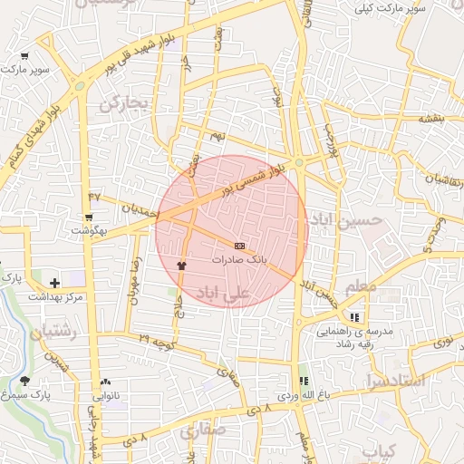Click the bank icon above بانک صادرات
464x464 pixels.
tap(239, 246)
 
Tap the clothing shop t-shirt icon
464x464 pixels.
tap(181, 265)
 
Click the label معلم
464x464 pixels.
tap(360, 287)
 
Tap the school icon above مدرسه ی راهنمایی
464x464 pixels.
tap(354, 317)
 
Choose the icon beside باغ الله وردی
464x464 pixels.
tap(304, 382)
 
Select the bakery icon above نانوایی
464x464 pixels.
tap(106, 382)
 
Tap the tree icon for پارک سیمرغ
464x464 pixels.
tap(24, 382)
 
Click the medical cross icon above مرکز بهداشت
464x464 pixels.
tap(55, 284)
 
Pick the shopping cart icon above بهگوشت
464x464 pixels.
tap(89, 217)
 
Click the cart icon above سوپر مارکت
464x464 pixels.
tap(24, 56)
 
